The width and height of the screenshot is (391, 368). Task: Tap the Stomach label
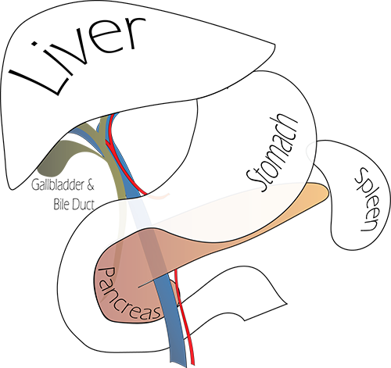pyautogui.click(x=271, y=153)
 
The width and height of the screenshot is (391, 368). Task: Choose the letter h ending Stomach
pyautogui.click(x=292, y=126)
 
